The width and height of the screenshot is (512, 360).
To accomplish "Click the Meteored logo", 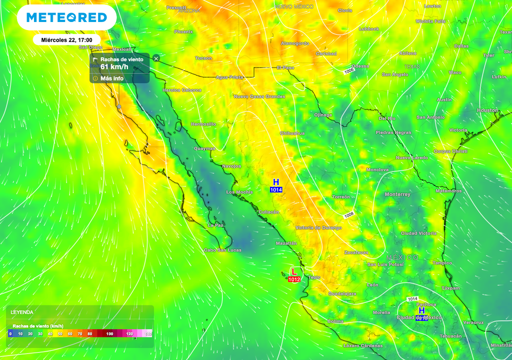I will pos(66,18).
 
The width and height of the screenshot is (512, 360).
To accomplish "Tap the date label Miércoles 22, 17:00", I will pos(66,40).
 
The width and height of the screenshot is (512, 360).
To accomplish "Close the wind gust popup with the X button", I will pos(156,58).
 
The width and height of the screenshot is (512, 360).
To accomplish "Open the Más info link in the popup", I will pos(111,78).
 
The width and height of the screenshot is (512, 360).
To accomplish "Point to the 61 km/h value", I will pos(114,66).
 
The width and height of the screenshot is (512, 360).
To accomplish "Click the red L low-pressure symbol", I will pos(294,271).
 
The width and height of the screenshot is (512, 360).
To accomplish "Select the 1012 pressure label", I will pos(294,279).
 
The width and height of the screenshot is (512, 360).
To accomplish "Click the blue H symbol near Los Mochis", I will pos(275,182).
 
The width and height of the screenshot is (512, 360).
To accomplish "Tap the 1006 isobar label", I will pos(349,72).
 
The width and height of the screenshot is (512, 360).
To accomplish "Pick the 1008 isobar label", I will pos(349,214).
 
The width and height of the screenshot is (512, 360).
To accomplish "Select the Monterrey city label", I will pos(397,194).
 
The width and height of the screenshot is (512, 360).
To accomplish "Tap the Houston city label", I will pos(487,110).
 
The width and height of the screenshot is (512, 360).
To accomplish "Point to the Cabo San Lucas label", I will pos(222,250).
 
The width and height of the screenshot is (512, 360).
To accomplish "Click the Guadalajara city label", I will pos(342,294).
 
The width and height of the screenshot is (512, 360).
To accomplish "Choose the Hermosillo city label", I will pos(203,123).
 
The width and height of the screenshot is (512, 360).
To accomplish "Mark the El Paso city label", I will pos(285,67).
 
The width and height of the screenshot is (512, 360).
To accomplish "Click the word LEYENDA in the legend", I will pos(22,312).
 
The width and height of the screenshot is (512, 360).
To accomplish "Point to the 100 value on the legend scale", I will pos(109,333).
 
